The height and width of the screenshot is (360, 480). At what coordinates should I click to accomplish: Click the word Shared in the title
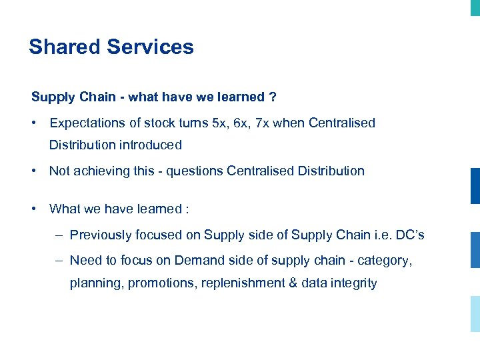64,47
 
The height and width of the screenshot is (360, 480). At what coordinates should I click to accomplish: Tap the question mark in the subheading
273,97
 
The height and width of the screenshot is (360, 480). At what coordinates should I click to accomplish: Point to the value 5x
219,123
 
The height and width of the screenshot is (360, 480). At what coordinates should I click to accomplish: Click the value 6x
242,123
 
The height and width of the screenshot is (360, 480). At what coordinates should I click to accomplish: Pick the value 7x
265,123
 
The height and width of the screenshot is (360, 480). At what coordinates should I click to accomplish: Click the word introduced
151,145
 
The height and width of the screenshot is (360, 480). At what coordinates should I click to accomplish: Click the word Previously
101,235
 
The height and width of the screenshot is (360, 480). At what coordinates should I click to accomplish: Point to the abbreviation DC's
409,235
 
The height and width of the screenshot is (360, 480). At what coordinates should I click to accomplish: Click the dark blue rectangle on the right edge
475,186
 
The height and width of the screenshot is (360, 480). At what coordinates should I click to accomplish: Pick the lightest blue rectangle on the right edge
475,313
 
